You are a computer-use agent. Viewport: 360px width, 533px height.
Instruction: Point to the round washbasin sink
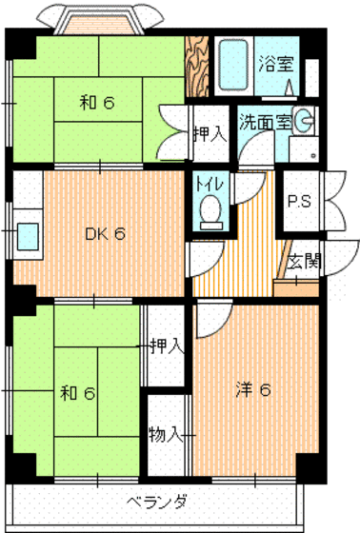click(304, 121)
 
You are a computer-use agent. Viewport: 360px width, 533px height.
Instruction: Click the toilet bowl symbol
click(210, 210)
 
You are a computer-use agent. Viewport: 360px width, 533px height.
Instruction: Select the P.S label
click(298, 201)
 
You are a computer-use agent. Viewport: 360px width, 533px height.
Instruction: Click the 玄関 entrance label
click(302, 260)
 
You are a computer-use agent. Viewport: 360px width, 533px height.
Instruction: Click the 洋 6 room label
click(254, 389)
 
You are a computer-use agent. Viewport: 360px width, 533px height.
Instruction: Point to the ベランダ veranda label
click(157, 503)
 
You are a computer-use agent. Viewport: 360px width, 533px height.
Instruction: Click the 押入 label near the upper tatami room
click(209, 133)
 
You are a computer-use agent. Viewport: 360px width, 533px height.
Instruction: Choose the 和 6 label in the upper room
click(96, 103)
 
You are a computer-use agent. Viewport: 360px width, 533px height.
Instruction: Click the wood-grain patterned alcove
click(196, 68)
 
